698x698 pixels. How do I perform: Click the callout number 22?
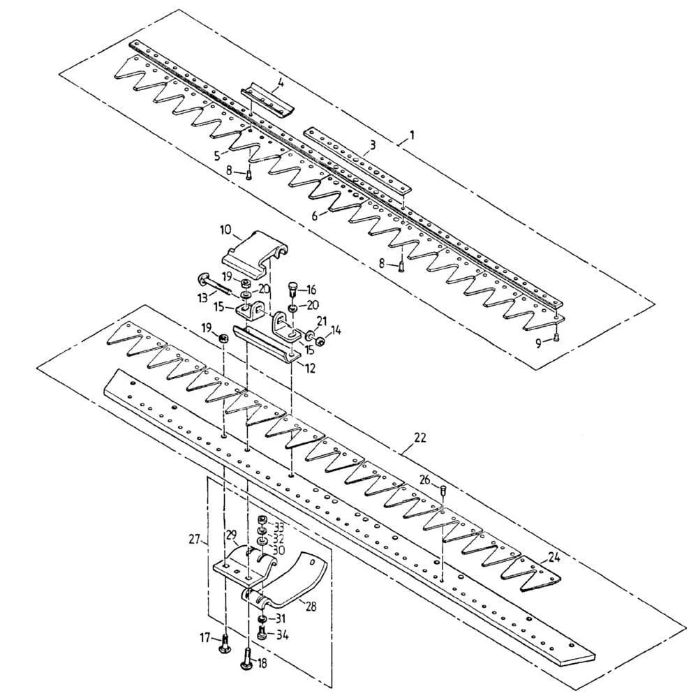click(x=419, y=438)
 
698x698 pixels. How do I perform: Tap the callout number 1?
click(x=413, y=135)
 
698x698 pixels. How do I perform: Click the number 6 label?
click(x=315, y=216)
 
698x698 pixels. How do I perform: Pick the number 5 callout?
click(x=217, y=156)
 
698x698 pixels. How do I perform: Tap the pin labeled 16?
click(x=293, y=290)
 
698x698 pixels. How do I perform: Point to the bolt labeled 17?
click(x=225, y=643)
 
